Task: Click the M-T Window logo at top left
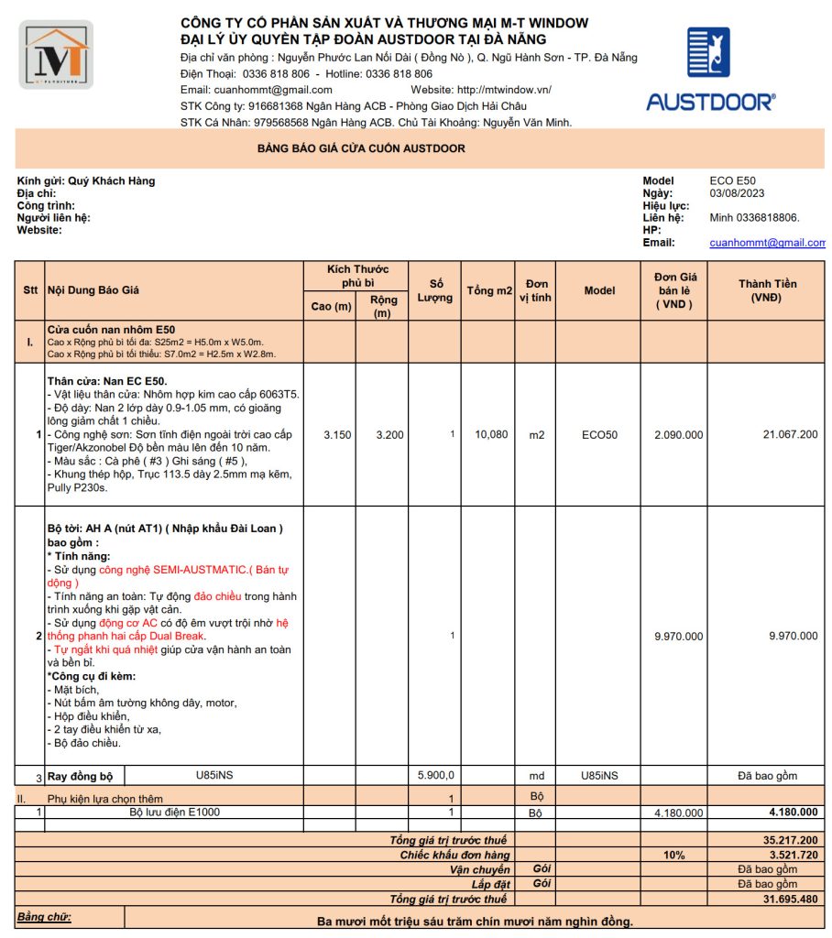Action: pyautogui.click(x=56, y=55)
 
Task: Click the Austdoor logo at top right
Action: pyautogui.click(x=709, y=69)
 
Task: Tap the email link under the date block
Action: pyautogui.click(x=767, y=243)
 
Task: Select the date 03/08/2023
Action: pyautogui.click(x=737, y=193)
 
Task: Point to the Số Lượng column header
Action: pyautogui.click(x=435, y=290)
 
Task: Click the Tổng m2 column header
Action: pyautogui.click(x=489, y=290)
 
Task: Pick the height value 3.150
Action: pyautogui.click(x=337, y=435)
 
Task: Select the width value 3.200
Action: pyautogui.click(x=389, y=435)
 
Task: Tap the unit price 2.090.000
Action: pyautogui.click(x=678, y=435)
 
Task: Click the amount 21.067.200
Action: pyautogui.click(x=790, y=435)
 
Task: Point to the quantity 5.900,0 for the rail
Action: pyautogui.click(x=435, y=775)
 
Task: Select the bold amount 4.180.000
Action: pyautogui.click(x=793, y=813)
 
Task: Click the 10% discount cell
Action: pyautogui.click(x=674, y=856)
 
